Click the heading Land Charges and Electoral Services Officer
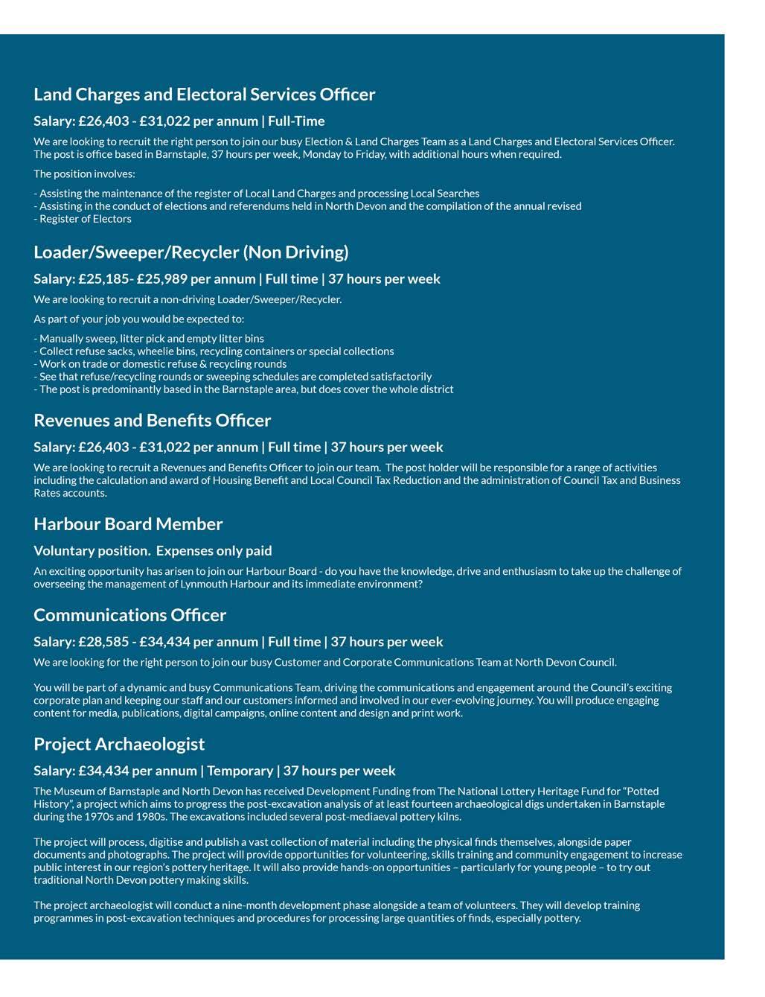click(204, 95)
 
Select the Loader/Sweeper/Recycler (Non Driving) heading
click(191, 252)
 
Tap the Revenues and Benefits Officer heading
click(152, 421)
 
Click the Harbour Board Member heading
click(128, 524)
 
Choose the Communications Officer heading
click(129, 615)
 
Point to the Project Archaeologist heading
click(119, 745)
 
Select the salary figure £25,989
click(161, 279)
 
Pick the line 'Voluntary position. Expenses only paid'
click(153, 551)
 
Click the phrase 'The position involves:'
click(84, 174)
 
